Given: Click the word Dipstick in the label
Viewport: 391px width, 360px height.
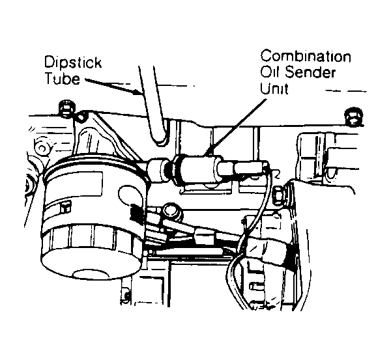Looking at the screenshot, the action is tap(73, 62).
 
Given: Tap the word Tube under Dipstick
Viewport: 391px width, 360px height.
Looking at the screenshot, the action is tap(63, 79).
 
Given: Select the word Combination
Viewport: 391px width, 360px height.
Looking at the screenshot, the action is tap(306, 56).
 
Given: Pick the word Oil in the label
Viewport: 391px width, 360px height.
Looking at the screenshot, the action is tap(270, 72).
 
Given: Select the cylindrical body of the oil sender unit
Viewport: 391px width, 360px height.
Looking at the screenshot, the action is tap(197, 169).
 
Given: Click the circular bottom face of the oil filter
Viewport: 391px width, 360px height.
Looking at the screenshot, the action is tap(91, 274).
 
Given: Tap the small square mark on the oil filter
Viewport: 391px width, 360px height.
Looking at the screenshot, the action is tap(65, 208).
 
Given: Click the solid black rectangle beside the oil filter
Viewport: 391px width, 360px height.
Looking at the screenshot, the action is tap(136, 213).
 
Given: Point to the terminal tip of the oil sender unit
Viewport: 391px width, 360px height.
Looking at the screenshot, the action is tap(265, 165).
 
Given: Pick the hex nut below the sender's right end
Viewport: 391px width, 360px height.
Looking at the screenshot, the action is tap(280, 196).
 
